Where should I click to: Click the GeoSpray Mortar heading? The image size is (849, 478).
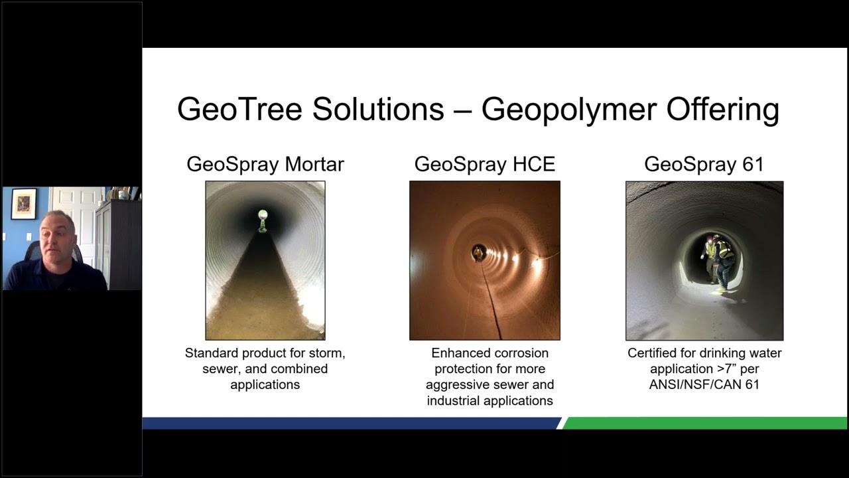pyautogui.click(x=265, y=164)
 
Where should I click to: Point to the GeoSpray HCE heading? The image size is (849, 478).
pyautogui.click(x=485, y=164)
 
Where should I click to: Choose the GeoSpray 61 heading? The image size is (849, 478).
pyautogui.click(x=704, y=164)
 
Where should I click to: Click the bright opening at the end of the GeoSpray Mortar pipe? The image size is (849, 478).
pyautogui.click(x=263, y=215)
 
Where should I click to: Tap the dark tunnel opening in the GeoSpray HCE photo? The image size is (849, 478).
pyautogui.click(x=478, y=252)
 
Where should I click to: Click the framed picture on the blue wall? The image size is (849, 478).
pyautogui.click(x=24, y=204)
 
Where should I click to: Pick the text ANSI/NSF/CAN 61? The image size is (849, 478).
pyautogui.click(x=704, y=385)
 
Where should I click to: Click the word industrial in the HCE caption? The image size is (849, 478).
pyautogui.click(x=455, y=401)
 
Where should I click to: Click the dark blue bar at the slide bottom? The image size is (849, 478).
pyautogui.click(x=352, y=423)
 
